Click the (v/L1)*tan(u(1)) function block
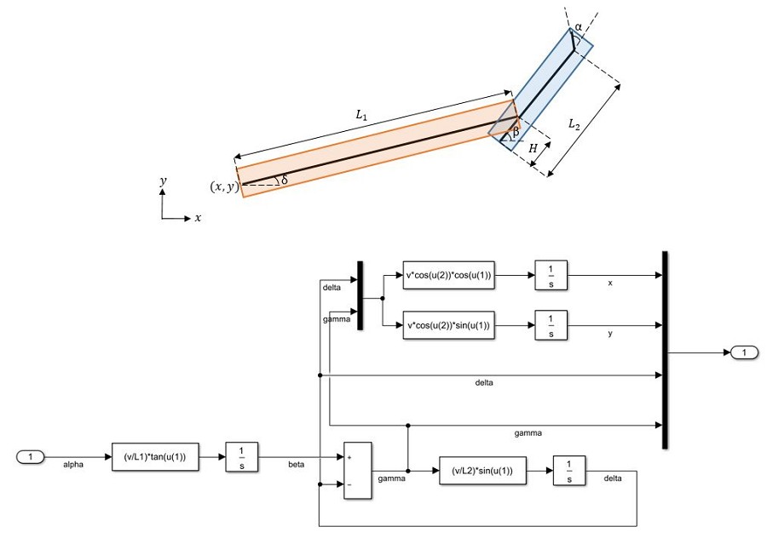pyautogui.click(x=156, y=457)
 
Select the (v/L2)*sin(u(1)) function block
pyautogui.click(x=483, y=471)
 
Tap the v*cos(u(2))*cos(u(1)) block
pyautogui.click(x=448, y=275)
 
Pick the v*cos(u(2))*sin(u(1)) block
pyautogui.click(x=448, y=325)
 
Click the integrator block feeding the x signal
pyautogui.click(x=551, y=275)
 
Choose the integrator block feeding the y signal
pyautogui.click(x=551, y=325)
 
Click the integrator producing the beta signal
pyautogui.click(x=242, y=457)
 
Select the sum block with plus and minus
pyautogui.click(x=358, y=471)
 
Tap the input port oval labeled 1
pyautogui.click(x=31, y=457)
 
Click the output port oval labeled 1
pyautogui.click(x=744, y=352)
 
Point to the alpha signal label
pyautogui.click(x=73, y=465)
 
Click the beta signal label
pyautogui.click(x=296, y=464)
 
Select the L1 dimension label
pyautogui.click(x=361, y=115)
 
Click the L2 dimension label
pyautogui.click(x=574, y=124)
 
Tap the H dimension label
pyautogui.click(x=533, y=148)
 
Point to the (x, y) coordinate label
pyautogui.click(x=224, y=186)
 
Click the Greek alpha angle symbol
pyautogui.click(x=578, y=27)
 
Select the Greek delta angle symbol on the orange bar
pyautogui.click(x=284, y=180)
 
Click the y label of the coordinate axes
pyautogui.click(x=163, y=182)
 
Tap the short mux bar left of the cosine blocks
pyautogui.click(x=360, y=295)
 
